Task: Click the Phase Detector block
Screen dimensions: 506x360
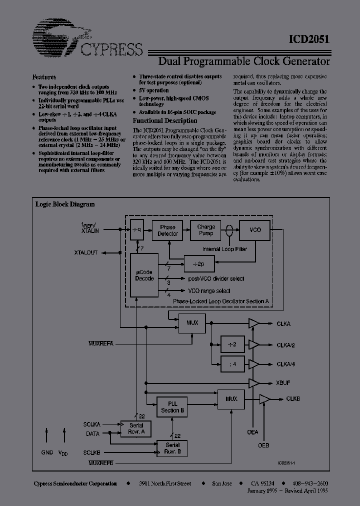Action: [167, 230]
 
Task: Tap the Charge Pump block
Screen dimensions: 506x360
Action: [205, 230]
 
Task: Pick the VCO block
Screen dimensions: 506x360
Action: [255, 230]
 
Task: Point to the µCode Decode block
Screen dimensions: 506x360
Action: [144, 275]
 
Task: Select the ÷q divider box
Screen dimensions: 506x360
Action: [137, 230]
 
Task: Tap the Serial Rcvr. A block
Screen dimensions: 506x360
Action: [135, 428]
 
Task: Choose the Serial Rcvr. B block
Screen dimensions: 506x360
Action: [172, 448]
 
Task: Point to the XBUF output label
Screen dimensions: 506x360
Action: [283, 382]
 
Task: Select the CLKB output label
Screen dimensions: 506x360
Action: [293, 399]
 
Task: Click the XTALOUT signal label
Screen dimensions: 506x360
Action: [86, 253]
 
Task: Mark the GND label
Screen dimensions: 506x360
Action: [47, 451]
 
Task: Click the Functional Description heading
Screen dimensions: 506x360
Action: [164, 121]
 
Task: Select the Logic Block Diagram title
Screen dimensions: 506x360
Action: [65, 204]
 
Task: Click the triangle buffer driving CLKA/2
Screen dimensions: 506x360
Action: [254, 344]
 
